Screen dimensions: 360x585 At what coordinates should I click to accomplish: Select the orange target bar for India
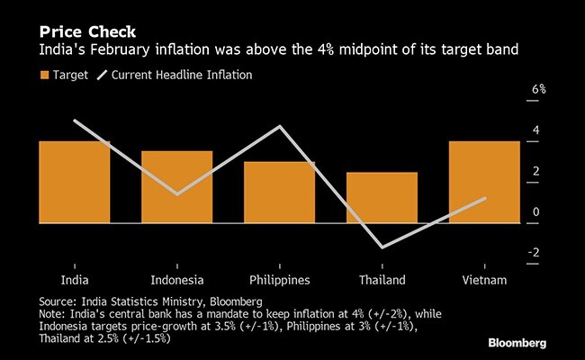(x=75, y=198)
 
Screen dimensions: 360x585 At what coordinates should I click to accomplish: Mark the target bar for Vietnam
(x=484, y=198)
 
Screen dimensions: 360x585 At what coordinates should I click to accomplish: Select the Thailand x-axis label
(x=382, y=280)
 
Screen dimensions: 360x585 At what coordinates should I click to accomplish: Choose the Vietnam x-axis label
(x=484, y=280)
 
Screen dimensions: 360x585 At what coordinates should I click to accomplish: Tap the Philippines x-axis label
(x=279, y=280)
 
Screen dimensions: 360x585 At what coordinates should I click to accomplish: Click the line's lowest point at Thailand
(x=382, y=247)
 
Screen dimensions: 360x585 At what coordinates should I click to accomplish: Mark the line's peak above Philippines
(x=280, y=126)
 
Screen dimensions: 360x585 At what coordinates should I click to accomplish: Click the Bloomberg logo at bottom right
(x=533, y=343)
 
